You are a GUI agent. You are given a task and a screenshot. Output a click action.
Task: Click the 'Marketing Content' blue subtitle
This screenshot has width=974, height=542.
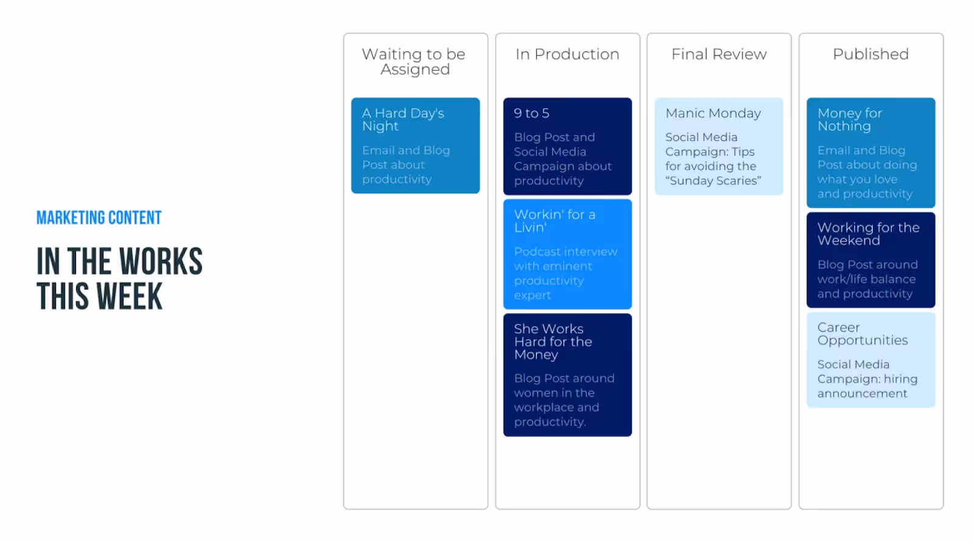(x=99, y=218)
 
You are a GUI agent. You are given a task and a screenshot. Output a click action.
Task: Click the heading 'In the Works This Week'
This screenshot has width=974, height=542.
(x=119, y=278)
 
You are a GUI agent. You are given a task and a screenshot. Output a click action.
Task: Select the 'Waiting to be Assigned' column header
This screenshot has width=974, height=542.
(x=414, y=61)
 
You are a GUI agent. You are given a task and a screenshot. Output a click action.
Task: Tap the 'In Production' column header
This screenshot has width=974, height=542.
(x=567, y=54)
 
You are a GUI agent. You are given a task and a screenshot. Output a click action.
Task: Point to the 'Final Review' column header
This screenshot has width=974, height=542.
(x=719, y=54)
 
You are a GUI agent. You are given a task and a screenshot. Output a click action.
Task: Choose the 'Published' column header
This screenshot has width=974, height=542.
(x=871, y=54)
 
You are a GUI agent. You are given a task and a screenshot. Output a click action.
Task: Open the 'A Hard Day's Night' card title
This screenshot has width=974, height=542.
(x=403, y=119)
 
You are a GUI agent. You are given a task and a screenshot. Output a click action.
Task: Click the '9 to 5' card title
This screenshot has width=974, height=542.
(x=531, y=113)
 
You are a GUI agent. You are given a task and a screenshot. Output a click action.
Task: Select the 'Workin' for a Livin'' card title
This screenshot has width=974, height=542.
(x=555, y=221)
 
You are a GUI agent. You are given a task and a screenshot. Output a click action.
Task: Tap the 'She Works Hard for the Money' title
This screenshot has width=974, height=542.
(x=553, y=342)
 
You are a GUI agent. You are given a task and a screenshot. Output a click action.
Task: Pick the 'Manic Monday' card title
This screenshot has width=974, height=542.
(x=713, y=113)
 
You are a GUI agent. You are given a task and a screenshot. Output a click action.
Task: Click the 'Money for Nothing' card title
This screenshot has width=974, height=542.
(x=850, y=119)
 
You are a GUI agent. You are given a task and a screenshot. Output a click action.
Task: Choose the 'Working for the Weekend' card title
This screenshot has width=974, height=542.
(x=868, y=234)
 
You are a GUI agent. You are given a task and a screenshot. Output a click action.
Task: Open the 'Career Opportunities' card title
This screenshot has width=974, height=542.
(x=862, y=333)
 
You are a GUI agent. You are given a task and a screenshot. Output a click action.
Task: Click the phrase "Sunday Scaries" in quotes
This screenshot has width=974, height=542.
(x=713, y=181)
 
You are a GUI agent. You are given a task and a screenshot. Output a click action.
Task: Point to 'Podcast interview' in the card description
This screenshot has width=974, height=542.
(x=566, y=252)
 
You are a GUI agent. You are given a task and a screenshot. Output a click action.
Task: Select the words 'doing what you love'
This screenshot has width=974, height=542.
(x=867, y=172)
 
